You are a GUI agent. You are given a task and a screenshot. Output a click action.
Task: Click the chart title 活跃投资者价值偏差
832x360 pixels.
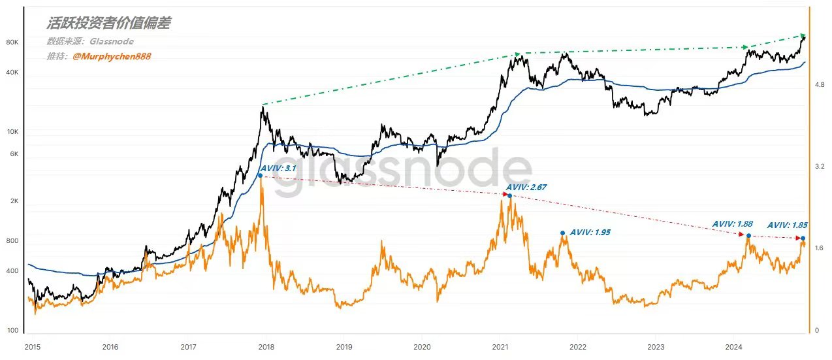108,24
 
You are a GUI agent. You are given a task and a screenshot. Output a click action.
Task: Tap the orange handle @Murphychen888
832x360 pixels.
112,57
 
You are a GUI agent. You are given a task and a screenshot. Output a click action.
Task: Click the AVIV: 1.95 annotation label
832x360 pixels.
590,232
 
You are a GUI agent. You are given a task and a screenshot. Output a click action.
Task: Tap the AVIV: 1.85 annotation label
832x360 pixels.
787,225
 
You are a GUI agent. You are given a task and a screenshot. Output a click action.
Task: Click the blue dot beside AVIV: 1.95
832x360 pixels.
562,233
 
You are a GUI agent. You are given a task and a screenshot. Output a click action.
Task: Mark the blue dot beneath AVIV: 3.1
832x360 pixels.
260,176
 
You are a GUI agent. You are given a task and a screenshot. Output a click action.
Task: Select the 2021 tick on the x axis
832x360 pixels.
500,346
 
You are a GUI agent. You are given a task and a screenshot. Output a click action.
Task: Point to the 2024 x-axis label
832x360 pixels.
734,346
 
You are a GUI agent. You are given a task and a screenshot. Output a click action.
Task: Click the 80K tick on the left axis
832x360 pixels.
12,42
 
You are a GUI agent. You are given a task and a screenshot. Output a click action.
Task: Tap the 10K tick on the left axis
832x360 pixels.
12,132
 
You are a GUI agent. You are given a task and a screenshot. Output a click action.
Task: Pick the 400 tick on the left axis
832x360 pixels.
13,270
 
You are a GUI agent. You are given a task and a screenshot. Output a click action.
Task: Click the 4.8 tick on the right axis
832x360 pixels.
820,85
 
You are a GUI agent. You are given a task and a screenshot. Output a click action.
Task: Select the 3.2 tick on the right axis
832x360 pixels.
820,167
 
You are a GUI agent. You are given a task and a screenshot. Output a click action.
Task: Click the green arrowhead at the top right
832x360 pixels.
802,35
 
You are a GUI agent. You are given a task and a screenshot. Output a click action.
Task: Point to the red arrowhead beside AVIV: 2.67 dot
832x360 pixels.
505,194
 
